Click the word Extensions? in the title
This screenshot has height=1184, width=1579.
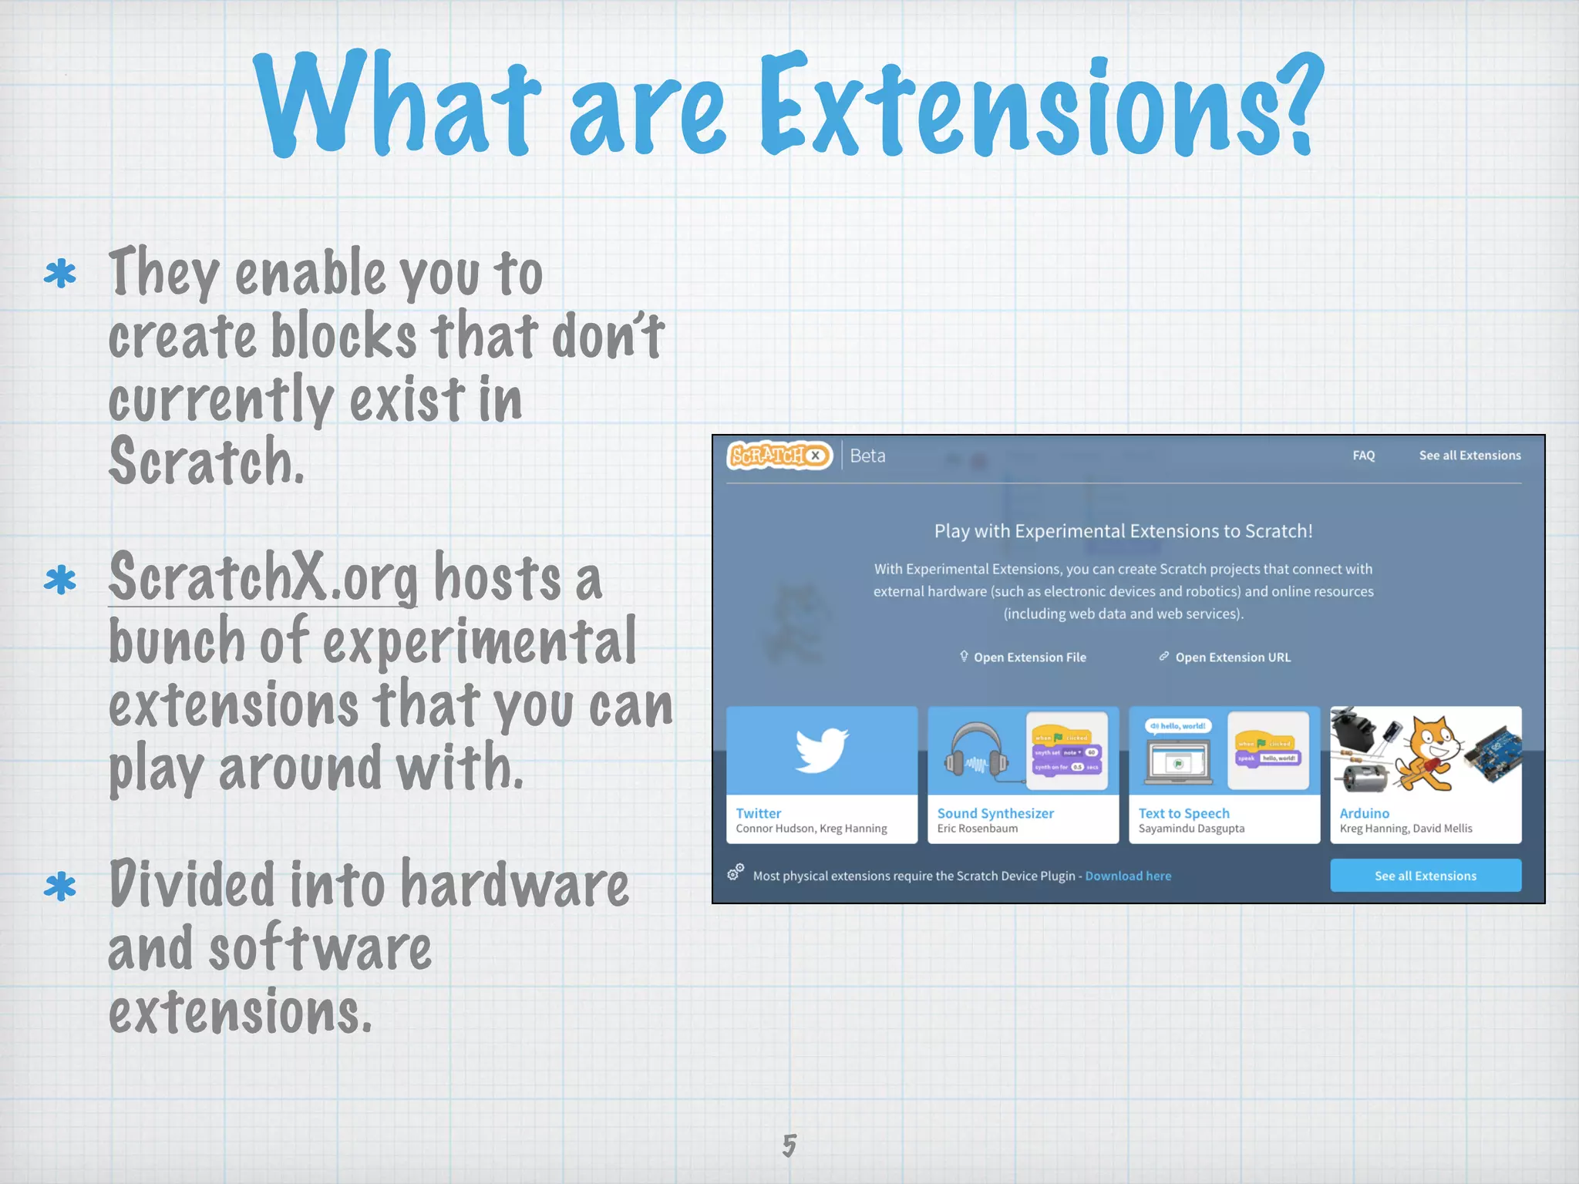pos(1041,108)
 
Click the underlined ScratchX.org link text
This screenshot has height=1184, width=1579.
pos(262,578)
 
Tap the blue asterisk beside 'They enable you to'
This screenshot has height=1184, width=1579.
pos(60,274)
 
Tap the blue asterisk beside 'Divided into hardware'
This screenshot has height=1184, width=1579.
pos(60,886)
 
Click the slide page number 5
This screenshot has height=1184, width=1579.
pos(789,1145)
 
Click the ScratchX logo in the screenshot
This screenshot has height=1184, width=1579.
pos(779,456)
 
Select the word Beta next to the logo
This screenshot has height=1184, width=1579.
pos(867,456)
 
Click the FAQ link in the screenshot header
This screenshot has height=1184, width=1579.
pos(1363,456)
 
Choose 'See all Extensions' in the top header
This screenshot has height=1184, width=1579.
pos(1470,456)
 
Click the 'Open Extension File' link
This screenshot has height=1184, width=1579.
pos(1029,658)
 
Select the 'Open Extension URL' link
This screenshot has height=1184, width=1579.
pos(1231,658)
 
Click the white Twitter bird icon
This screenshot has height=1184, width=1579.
pos(822,749)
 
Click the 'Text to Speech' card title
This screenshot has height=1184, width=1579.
pos(1183,813)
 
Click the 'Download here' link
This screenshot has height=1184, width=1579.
pos(1128,876)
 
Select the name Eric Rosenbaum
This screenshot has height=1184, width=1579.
pos(977,829)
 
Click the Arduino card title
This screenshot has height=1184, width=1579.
pos(1364,813)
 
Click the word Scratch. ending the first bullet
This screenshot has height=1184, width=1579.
pos(207,462)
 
